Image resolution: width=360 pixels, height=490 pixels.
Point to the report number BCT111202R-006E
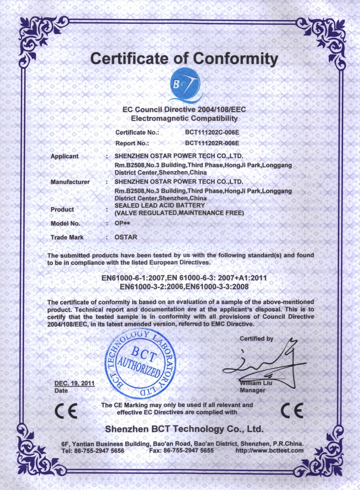212,143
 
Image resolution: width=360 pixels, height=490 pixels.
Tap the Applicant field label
65,156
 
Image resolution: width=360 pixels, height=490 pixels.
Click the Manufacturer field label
70,182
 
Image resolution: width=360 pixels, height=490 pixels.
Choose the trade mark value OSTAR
126,237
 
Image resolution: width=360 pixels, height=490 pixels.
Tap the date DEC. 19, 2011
74,383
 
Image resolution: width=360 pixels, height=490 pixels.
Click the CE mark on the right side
292,410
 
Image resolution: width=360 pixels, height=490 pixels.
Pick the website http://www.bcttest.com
269,450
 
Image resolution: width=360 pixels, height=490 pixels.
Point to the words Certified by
256,338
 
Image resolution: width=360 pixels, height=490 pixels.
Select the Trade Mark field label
67,237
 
